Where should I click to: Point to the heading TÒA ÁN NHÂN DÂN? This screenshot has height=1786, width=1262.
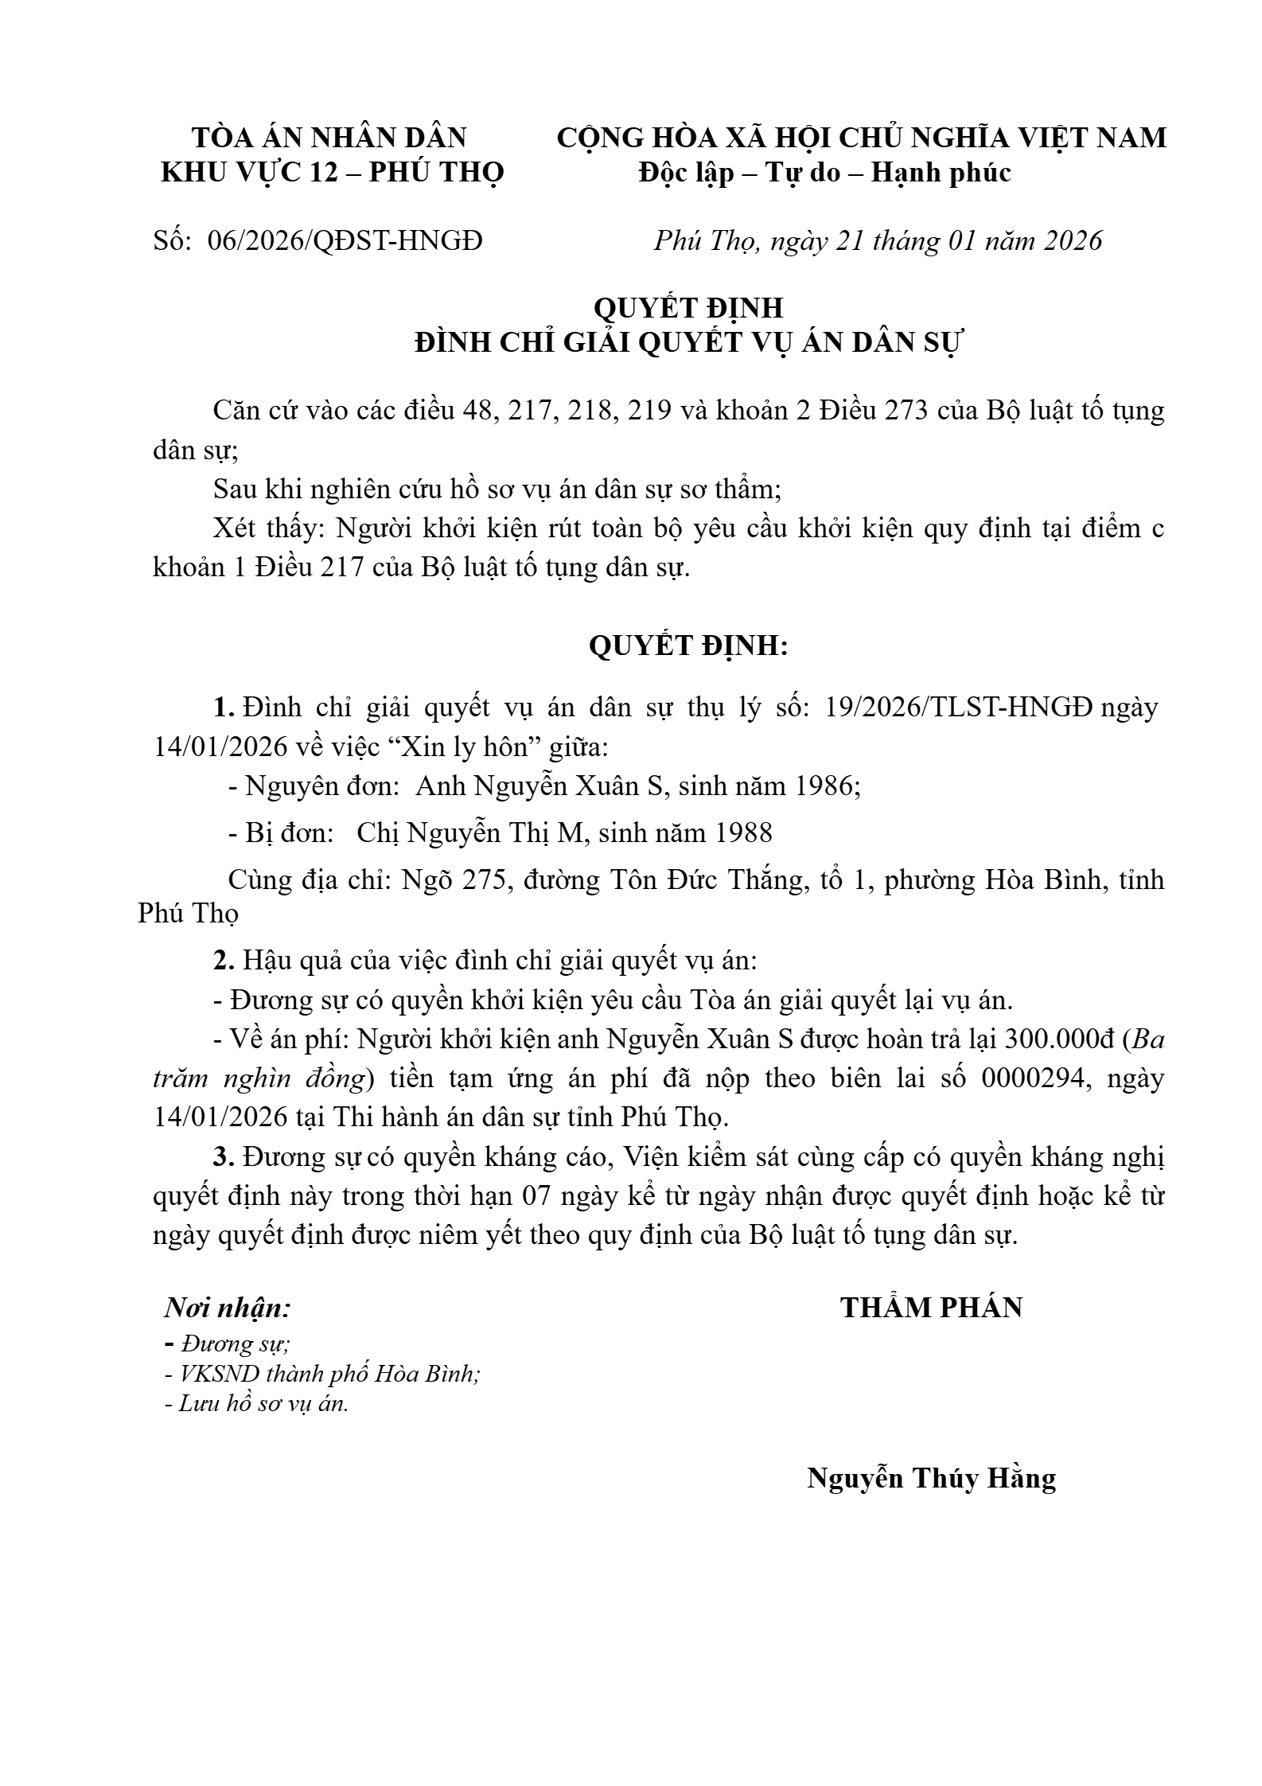pos(329,138)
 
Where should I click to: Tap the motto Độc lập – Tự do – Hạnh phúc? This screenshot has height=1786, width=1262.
pos(824,172)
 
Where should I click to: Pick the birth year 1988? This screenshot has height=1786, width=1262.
pos(743,833)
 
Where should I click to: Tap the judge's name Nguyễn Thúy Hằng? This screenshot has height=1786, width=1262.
pos(931,1478)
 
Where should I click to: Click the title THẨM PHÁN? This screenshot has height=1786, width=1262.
pos(931,1308)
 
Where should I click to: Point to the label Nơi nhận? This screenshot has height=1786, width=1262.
pos(228,1308)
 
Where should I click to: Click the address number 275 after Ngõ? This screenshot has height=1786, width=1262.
pos(484,879)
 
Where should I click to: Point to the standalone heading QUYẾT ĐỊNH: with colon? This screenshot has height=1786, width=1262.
pos(687,645)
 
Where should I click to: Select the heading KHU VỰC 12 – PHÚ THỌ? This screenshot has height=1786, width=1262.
pos(333,172)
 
